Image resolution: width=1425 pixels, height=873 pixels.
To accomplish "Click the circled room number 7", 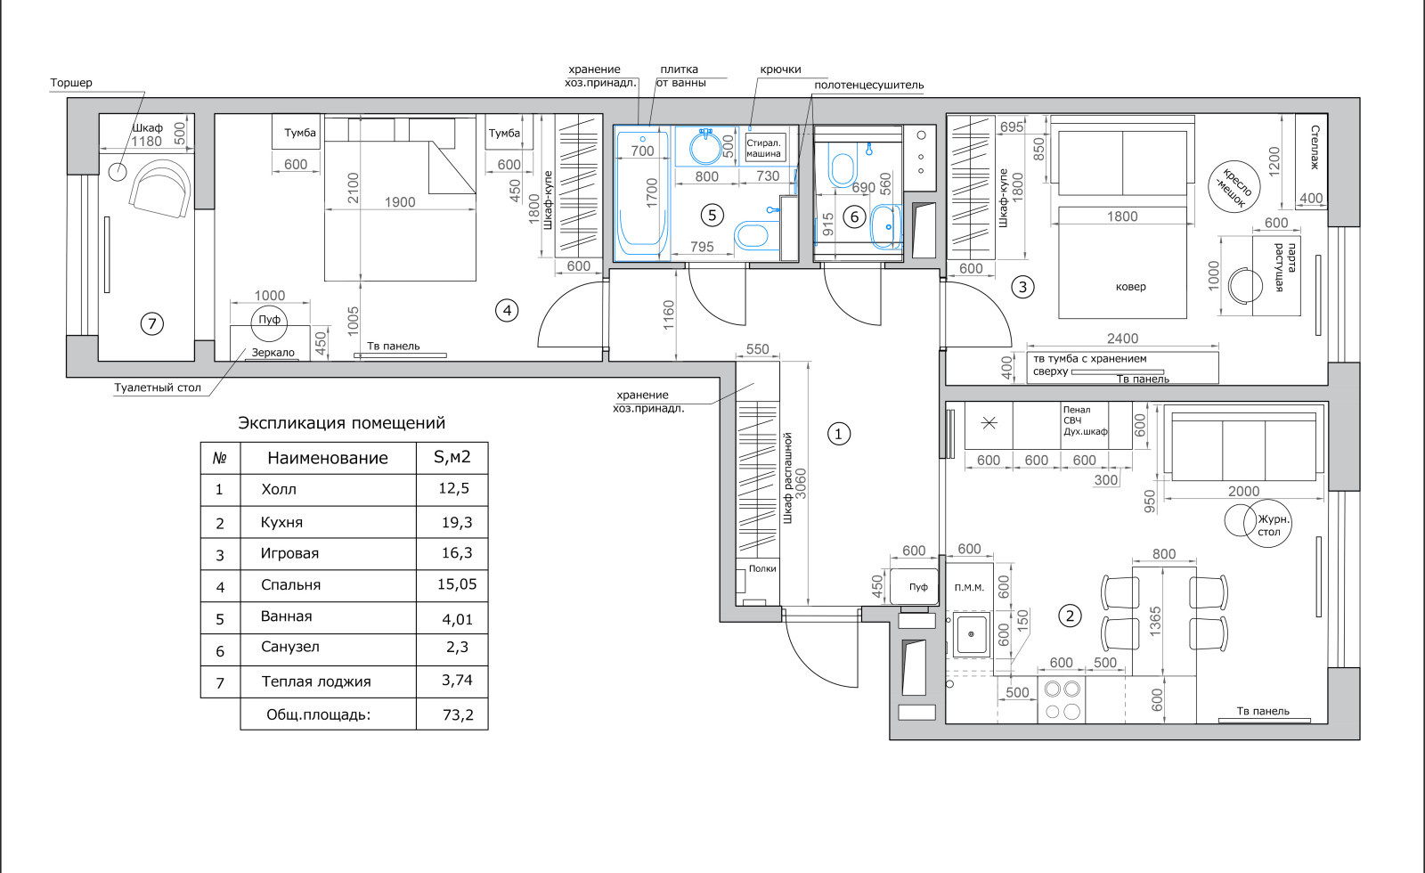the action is [152, 324].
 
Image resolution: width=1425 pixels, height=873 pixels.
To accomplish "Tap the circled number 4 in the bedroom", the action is [507, 311].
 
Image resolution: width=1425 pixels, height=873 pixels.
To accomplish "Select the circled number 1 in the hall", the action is [838, 434].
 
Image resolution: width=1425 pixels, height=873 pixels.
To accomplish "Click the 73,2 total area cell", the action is [458, 714].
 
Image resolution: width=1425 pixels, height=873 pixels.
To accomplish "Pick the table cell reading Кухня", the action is [281, 522].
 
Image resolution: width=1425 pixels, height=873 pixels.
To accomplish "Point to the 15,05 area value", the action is [457, 584].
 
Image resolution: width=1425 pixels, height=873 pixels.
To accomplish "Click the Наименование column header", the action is [328, 458].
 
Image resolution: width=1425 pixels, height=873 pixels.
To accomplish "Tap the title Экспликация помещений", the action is [342, 423].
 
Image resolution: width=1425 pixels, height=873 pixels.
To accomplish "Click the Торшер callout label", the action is [71, 83].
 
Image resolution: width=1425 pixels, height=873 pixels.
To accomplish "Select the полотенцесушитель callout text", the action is [869, 86].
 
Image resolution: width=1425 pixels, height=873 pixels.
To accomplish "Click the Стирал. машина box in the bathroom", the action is [763, 148].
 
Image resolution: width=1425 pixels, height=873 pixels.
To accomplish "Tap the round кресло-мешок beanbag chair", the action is [1234, 186].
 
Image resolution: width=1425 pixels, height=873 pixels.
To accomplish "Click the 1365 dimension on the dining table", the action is [1155, 621].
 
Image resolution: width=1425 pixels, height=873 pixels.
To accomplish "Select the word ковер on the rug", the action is [1131, 286].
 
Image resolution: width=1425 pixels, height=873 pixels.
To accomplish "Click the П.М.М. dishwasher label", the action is [969, 588].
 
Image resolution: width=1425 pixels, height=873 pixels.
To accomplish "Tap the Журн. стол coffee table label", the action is [1273, 526].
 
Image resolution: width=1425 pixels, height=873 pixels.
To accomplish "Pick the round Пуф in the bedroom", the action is [269, 322].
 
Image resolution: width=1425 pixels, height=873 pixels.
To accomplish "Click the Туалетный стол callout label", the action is [158, 388].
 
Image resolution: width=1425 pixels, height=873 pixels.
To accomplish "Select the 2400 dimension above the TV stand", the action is [1122, 339].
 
